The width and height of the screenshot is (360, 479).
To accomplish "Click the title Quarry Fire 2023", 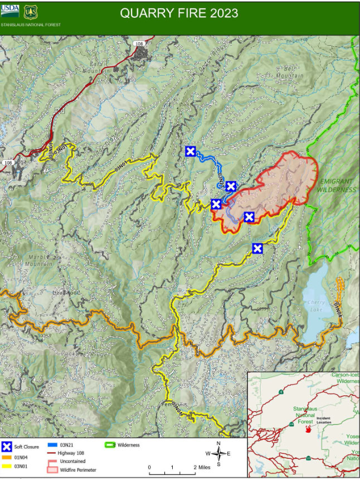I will pyautogui.click(x=179, y=13).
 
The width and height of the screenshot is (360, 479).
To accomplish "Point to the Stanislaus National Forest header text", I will pyautogui.click(x=31, y=25).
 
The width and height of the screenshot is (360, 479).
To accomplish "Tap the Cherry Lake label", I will pyautogui.click(x=316, y=303).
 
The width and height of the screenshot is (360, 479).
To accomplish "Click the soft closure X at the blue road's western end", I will pyautogui.click(x=191, y=151).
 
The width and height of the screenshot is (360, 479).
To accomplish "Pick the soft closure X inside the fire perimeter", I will pyautogui.click(x=249, y=217).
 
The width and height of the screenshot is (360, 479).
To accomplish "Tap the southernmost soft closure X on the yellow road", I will pyautogui.click(x=257, y=248).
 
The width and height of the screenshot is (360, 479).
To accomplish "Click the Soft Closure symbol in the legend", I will pyautogui.click(x=7, y=446).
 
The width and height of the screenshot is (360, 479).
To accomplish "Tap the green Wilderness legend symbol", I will pyautogui.click(x=110, y=445).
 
